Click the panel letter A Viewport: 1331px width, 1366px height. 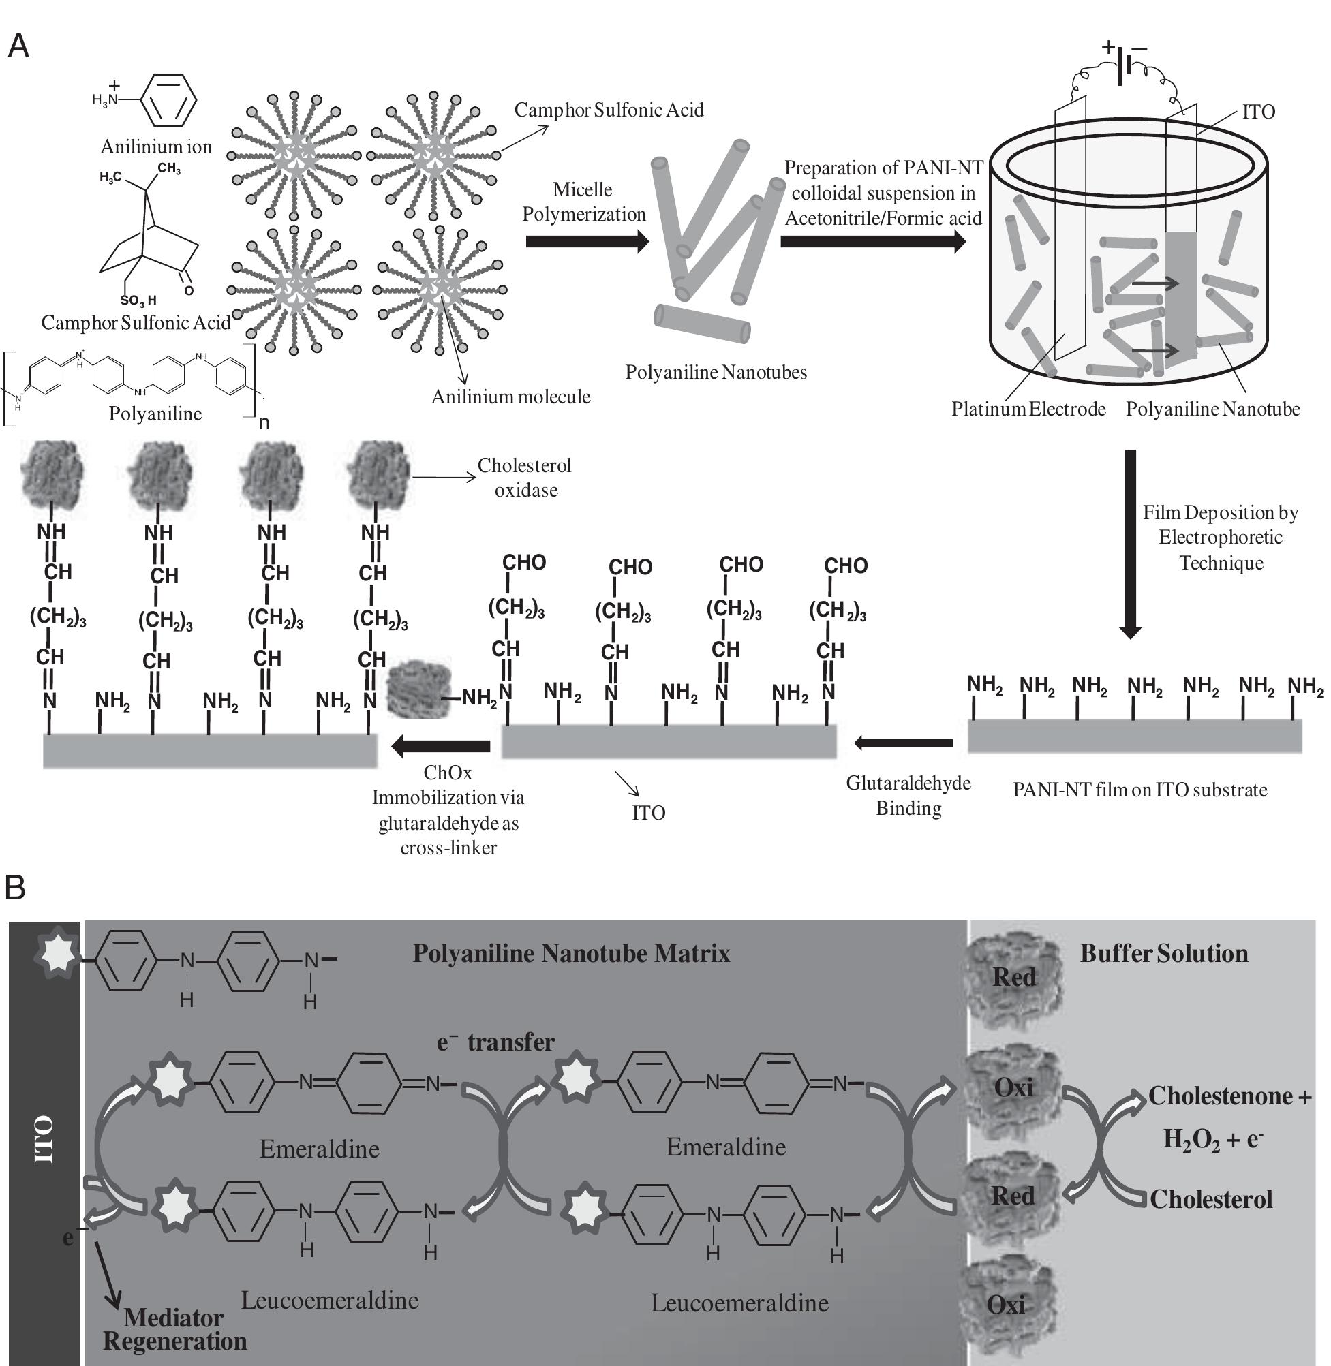click(x=18, y=47)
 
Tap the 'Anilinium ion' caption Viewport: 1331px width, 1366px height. click(x=156, y=146)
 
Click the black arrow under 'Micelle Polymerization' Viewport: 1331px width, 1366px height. click(x=587, y=241)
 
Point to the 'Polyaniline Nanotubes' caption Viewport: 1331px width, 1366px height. click(x=716, y=373)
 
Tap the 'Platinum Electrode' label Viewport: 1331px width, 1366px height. click(x=1028, y=409)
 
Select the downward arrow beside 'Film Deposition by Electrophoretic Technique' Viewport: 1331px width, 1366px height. click(x=1130, y=544)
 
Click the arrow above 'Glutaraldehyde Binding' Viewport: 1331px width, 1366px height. click(x=903, y=743)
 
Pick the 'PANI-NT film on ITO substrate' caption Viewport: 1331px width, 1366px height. click(x=1139, y=790)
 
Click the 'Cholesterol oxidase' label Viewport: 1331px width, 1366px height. click(x=525, y=478)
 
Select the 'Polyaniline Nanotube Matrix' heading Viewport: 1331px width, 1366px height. click(x=571, y=953)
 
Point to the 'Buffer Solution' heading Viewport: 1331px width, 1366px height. click(x=1164, y=953)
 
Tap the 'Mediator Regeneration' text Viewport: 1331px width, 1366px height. click(x=174, y=1330)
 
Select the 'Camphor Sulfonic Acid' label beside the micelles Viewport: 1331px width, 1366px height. click(x=609, y=110)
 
